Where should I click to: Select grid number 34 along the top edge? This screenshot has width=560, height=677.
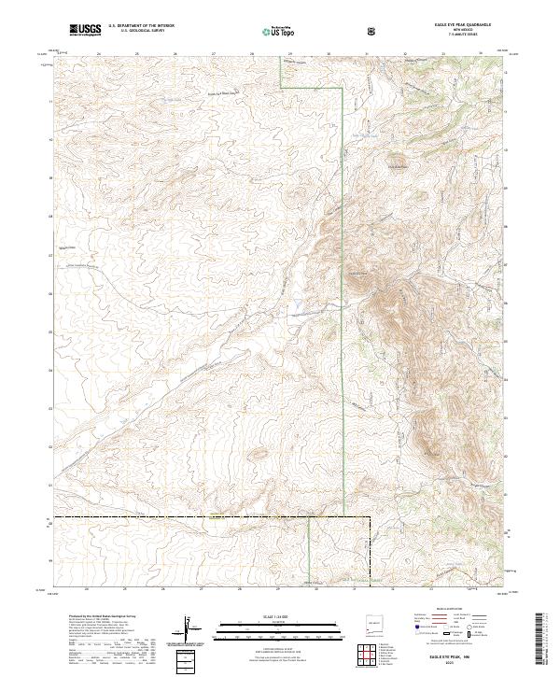point(480,54)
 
